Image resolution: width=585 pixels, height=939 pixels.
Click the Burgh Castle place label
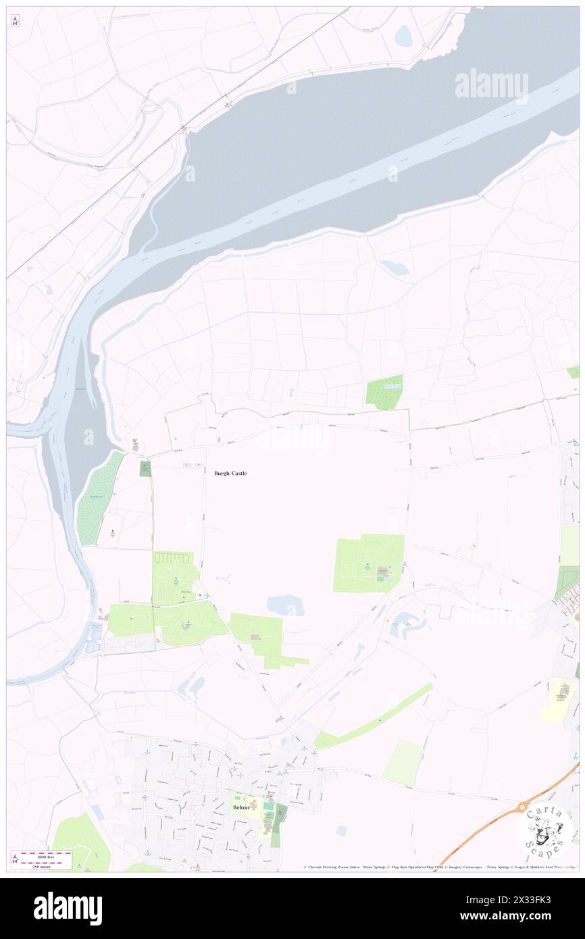[x=230, y=474]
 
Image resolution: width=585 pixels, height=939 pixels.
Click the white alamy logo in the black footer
[x=68, y=909]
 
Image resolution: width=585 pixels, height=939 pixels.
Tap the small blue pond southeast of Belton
[x=341, y=830]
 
